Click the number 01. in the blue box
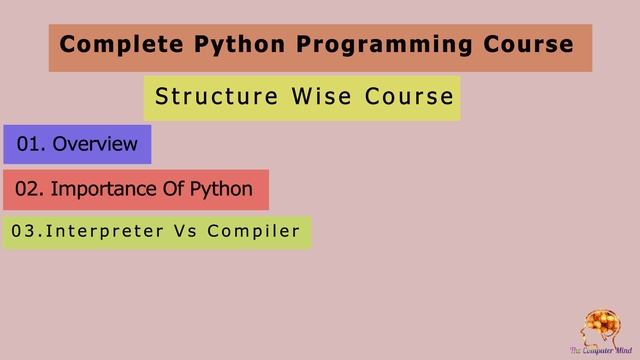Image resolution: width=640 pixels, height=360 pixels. [32, 144]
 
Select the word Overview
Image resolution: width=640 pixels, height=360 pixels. [95, 144]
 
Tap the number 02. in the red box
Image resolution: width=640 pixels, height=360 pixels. [31, 188]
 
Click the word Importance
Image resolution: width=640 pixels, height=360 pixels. [100, 188]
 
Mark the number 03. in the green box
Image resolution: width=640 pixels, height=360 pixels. [24, 232]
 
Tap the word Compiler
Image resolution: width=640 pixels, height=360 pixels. [254, 232]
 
